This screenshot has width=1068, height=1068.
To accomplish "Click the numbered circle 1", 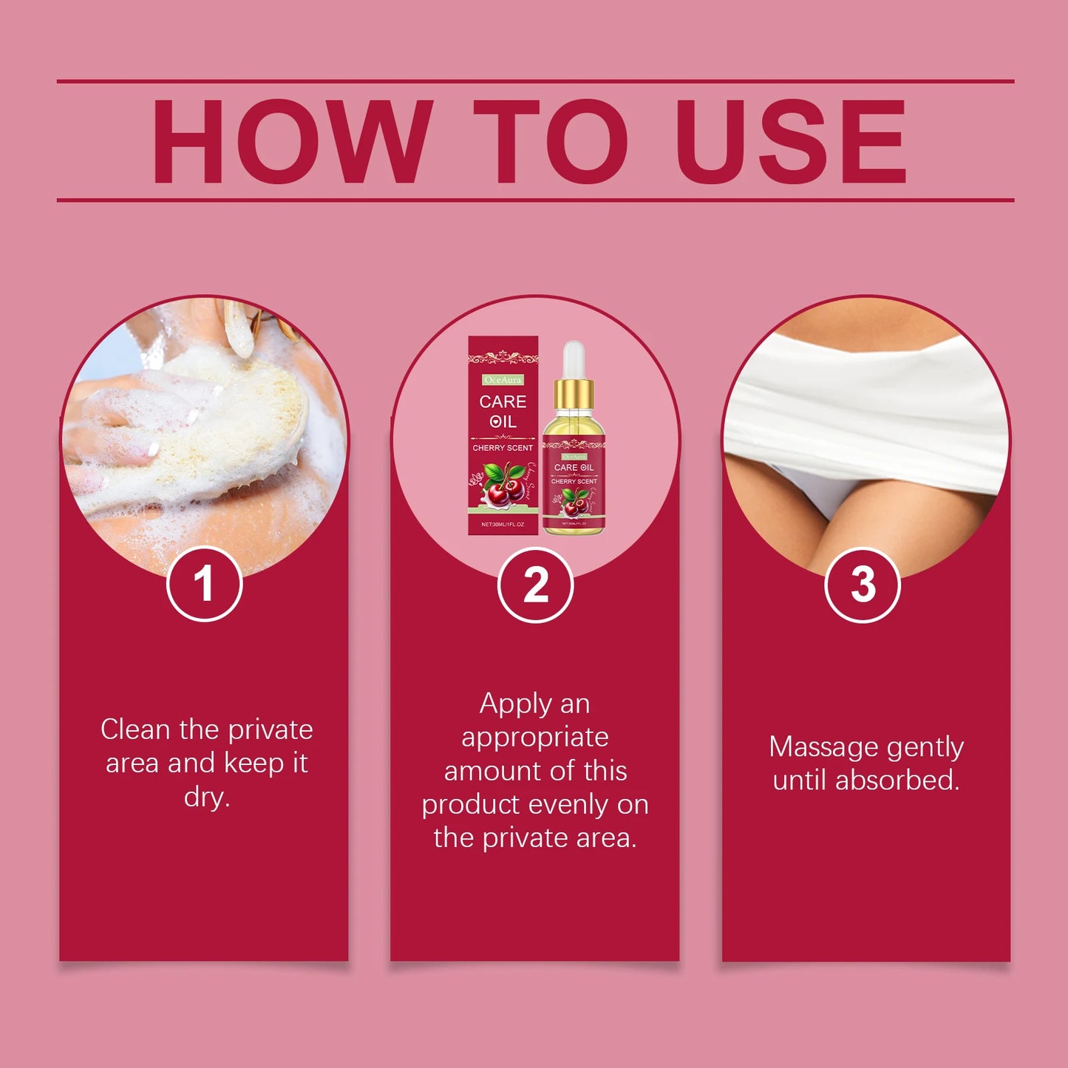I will tap(205, 584).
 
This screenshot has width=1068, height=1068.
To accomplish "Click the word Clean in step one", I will tap(135, 729).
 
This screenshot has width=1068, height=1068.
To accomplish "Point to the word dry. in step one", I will tap(207, 797).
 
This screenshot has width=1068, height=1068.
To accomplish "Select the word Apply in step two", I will tap(514, 704).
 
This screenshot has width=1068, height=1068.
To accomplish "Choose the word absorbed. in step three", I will tap(897, 780).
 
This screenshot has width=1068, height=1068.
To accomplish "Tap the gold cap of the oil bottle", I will tap(574, 394).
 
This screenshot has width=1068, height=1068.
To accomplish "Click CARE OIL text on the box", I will tap(503, 412).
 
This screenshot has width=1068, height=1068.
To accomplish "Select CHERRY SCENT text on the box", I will tap(503, 448).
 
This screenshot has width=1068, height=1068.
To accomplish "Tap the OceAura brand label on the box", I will tap(503, 380).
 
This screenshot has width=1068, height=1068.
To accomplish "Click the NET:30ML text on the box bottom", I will tap(503, 524).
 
